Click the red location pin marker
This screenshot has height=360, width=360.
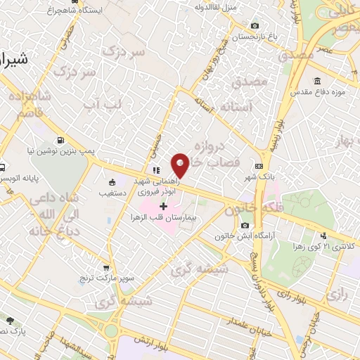pos(181,166)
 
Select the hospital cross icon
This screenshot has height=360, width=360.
pos(164,206)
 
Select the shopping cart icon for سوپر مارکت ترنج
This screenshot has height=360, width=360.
pos(105,268)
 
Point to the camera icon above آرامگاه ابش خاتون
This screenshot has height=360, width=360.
pos(245,225)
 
